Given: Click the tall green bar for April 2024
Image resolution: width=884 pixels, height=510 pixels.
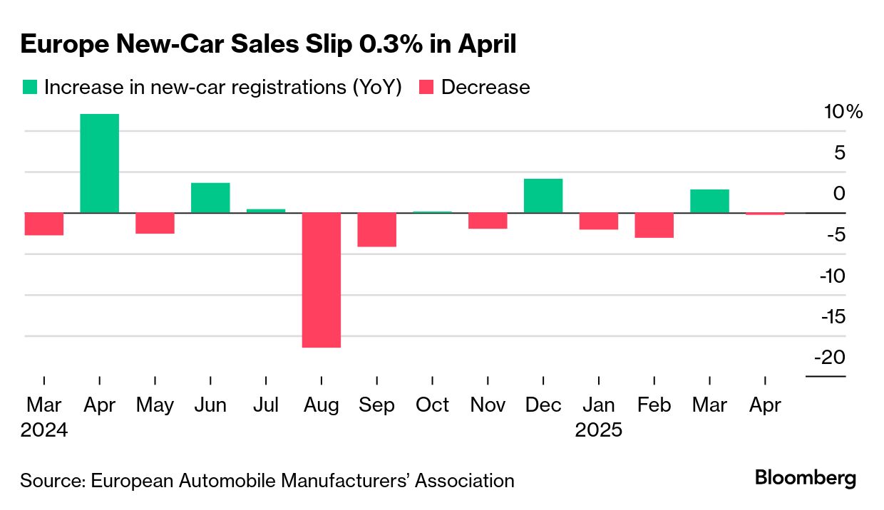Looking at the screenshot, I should click(x=99, y=163).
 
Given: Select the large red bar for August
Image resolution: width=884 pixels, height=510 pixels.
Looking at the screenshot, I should click(x=321, y=280).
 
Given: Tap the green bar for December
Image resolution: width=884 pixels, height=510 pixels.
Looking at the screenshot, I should click(x=543, y=196).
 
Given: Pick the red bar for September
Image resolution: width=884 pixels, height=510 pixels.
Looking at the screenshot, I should click(x=376, y=230).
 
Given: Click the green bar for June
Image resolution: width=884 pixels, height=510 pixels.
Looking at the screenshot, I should click(x=210, y=198).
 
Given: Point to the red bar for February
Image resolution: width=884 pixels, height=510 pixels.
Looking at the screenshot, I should click(x=654, y=225).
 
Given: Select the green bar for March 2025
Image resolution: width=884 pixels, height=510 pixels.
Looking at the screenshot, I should click(x=709, y=201).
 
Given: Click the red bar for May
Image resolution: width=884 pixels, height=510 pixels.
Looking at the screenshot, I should click(x=155, y=223).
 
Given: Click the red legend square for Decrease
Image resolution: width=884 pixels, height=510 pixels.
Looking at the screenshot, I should click(x=426, y=87).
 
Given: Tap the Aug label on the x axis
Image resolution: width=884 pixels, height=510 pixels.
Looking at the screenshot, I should click(x=321, y=405).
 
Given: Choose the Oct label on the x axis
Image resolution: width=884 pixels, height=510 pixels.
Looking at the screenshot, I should click(x=432, y=405).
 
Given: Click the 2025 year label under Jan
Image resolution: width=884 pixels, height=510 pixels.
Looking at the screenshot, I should click(x=599, y=430).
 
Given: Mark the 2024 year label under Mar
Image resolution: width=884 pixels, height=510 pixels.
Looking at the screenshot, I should click(x=44, y=430).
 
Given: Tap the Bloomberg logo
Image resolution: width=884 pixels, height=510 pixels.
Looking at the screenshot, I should click(x=806, y=478).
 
